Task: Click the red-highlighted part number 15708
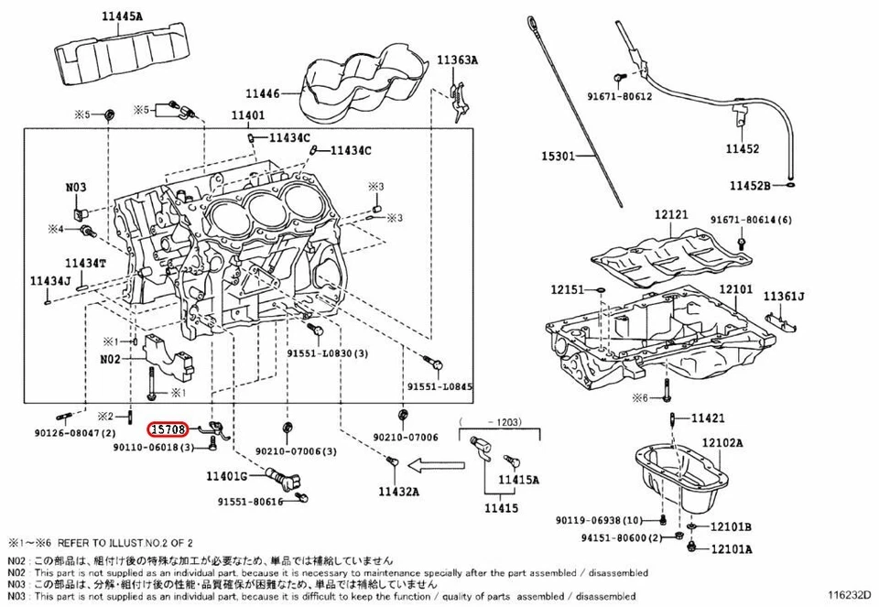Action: click(169, 428)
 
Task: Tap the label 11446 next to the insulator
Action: click(265, 92)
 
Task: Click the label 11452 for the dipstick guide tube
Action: click(743, 147)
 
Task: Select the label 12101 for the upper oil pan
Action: click(735, 289)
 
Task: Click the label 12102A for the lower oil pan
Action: click(722, 442)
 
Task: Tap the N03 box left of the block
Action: click(76, 188)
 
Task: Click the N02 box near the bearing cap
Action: click(111, 361)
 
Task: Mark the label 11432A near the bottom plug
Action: click(399, 492)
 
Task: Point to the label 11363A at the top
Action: click(457, 60)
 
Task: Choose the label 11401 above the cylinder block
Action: click(247, 115)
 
